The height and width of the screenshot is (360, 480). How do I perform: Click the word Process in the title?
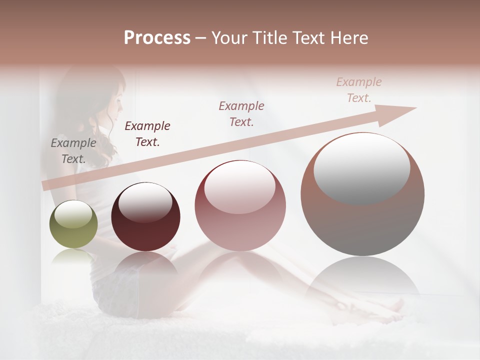[x=157, y=38]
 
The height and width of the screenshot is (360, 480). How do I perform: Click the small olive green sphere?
[x=73, y=224]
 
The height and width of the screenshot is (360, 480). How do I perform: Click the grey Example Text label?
[x=73, y=151]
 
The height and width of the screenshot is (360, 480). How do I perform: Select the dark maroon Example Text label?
[x=147, y=134]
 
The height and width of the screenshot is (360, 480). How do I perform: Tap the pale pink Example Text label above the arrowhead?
[x=359, y=90]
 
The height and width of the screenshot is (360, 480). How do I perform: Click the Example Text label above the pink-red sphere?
[x=241, y=114]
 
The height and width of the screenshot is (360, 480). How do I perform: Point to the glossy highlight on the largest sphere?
[x=361, y=167]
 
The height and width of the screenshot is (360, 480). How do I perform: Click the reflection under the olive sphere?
[x=73, y=257]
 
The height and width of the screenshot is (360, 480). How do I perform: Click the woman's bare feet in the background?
[x=395, y=305]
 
